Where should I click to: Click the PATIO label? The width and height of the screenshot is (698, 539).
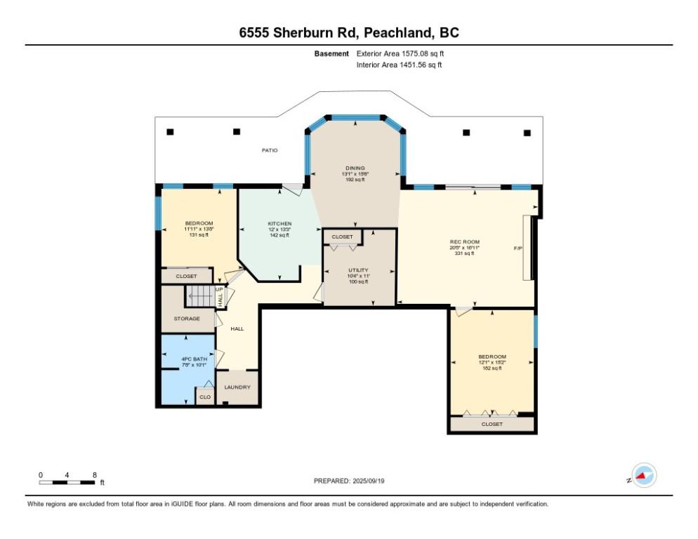[x=268, y=150]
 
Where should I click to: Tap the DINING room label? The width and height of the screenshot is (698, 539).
[x=354, y=168]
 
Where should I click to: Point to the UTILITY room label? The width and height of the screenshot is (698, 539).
[x=358, y=270]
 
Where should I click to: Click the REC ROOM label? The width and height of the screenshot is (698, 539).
[x=464, y=242]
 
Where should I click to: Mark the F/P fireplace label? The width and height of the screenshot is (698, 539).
[x=519, y=248]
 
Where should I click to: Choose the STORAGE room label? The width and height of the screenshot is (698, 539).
[x=187, y=319]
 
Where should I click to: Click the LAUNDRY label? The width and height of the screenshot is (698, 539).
[x=237, y=387]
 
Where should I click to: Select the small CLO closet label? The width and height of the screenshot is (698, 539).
[x=204, y=397]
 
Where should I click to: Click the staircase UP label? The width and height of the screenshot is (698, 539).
[x=220, y=288]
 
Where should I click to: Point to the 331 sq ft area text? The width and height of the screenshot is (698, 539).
[x=464, y=253]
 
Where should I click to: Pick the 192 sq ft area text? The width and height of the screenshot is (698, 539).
[x=354, y=180]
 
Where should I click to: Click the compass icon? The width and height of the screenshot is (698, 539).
[x=643, y=476]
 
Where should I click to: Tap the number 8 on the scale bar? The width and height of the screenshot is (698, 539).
[x=94, y=474]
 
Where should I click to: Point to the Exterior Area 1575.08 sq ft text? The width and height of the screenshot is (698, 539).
[x=400, y=53]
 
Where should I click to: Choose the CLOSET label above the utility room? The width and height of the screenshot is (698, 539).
[x=342, y=237]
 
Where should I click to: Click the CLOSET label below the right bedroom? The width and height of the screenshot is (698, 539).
[x=492, y=424]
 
